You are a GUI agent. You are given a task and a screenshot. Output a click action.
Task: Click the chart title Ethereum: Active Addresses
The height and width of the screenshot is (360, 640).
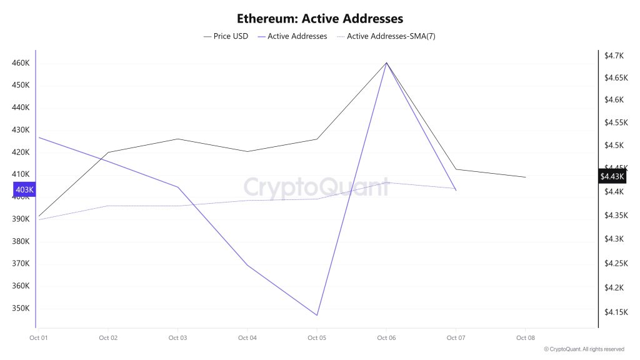319,19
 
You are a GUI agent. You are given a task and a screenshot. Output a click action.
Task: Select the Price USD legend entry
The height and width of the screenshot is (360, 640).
226,36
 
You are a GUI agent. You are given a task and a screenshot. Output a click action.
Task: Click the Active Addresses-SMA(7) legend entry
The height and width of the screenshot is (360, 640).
386,36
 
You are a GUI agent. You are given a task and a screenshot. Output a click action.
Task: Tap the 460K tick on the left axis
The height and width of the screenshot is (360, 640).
21,63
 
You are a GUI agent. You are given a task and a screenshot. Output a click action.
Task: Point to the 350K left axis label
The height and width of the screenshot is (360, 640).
21,308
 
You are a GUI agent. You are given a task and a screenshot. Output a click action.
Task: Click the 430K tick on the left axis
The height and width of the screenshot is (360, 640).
21,130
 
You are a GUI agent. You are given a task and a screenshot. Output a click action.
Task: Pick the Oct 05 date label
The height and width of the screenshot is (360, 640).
316,338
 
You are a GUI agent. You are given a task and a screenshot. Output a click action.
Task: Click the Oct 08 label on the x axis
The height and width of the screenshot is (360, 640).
525,338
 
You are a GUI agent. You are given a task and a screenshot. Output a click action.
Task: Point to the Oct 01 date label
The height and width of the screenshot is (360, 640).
39,338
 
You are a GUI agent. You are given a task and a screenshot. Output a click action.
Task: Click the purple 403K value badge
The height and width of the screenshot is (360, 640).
24,189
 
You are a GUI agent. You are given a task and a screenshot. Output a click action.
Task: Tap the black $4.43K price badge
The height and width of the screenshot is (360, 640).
612,177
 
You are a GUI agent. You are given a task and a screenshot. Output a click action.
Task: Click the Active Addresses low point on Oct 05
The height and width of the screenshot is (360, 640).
317,315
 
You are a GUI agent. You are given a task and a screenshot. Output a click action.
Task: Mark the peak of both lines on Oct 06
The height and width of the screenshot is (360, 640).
386,62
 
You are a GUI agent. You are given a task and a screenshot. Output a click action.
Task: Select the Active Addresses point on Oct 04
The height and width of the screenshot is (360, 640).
247,266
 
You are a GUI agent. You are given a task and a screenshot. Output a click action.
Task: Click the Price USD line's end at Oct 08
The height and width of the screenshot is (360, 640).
525,177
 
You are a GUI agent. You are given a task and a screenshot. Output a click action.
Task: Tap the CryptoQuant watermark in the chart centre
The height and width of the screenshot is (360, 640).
316,187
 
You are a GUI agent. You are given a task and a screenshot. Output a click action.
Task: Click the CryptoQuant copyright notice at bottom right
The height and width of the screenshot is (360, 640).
584,349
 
